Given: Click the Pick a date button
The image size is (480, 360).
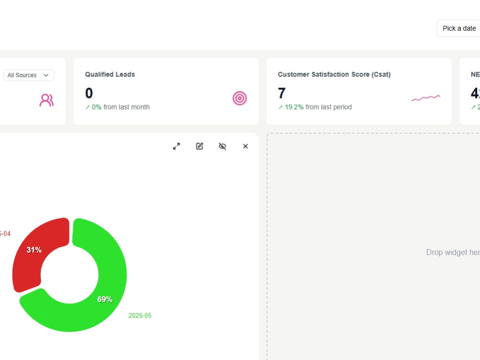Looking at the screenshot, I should pyautogui.click(x=459, y=28).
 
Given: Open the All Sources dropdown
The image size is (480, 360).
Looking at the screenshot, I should pyautogui.click(x=29, y=75).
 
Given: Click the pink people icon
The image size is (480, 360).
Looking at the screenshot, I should pyautogui.click(x=47, y=100).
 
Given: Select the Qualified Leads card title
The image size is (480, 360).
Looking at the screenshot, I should pyautogui.click(x=110, y=74).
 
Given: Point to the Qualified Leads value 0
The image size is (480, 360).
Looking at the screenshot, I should pyautogui.click(x=89, y=93).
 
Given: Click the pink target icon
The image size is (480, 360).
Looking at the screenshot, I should pyautogui.click(x=240, y=98).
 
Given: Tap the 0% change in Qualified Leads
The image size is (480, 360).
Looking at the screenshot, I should pyautogui.click(x=96, y=107).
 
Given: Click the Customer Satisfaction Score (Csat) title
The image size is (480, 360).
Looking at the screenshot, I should pyautogui.click(x=334, y=74).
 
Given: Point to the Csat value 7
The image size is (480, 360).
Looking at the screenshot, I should pyautogui.click(x=282, y=93).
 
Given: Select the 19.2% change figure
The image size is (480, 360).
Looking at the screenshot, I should pyautogui.click(x=294, y=107).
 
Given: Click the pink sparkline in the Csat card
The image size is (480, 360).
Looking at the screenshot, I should pyautogui.click(x=425, y=98).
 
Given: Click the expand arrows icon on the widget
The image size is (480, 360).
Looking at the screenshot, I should pyautogui.click(x=176, y=146).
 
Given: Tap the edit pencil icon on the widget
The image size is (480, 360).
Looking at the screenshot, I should pyautogui.click(x=200, y=146).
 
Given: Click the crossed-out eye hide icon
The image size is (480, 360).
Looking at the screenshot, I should pyautogui.click(x=222, y=146).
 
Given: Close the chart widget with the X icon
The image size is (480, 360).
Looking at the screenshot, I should pyautogui.click(x=245, y=146).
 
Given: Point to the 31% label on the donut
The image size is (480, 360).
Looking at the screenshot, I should pyautogui.click(x=34, y=250).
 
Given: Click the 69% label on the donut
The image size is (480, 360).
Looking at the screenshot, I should pyautogui.click(x=105, y=299).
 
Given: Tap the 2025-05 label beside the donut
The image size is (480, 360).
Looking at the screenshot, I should pyautogui.click(x=140, y=315).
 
